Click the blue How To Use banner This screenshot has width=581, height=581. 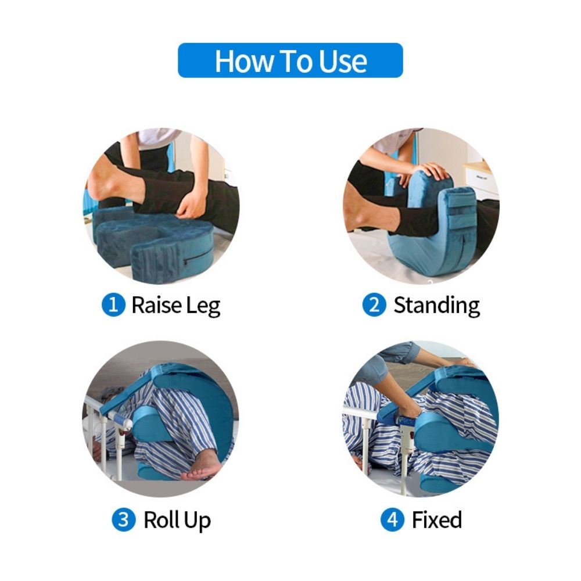pos(290,60)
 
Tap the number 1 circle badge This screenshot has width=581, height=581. pos(113,305)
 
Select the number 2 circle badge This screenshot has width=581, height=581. pos(374,305)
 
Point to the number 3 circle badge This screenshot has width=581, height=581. pos(123,519)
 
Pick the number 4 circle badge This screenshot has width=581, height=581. pos(392,519)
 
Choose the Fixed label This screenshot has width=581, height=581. pos(436,519)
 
